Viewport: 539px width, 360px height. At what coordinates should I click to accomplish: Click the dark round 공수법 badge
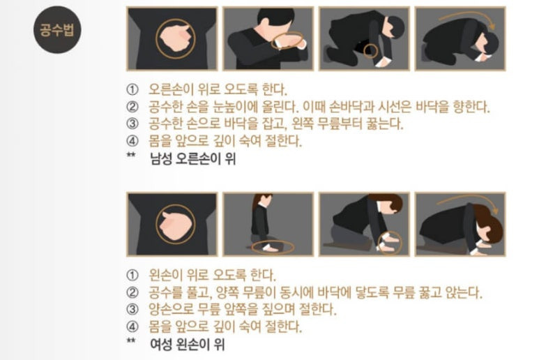pyautogui.click(x=57, y=29)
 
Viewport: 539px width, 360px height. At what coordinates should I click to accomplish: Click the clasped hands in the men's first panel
pyautogui.click(x=175, y=38)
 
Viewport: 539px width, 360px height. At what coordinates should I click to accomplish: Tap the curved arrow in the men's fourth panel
pyautogui.click(x=466, y=17)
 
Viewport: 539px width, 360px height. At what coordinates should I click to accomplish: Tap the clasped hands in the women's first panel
pyautogui.click(x=175, y=225)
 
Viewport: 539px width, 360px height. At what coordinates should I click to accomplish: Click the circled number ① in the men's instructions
pyautogui.click(x=132, y=90)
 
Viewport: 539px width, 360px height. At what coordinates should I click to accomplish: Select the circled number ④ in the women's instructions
pyautogui.click(x=132, y=327)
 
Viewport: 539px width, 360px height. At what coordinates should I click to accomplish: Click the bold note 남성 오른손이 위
pyautogui.click(x=193, y=159)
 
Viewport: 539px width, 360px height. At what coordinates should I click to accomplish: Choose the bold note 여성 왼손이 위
pyautogui.click(x=188, y=344)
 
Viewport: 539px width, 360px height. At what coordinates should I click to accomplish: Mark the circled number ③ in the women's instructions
pyautogui.click(x=132, y=309)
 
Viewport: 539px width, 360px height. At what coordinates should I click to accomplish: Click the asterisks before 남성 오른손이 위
pyautogui.click(x=131, y=155)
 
